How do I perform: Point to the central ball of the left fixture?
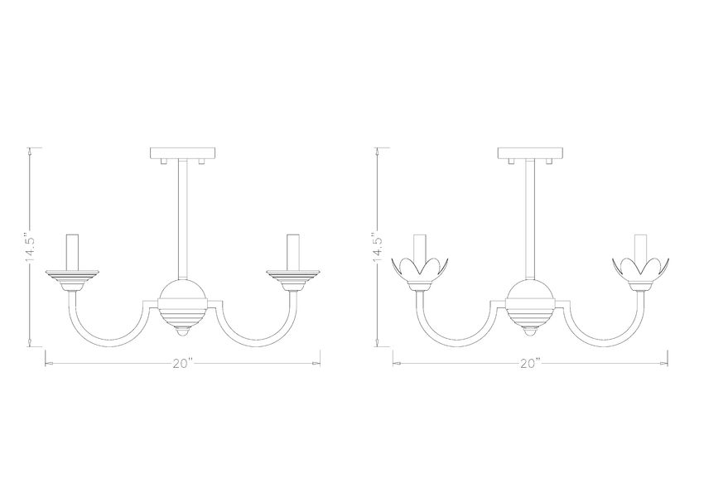click(181, 297)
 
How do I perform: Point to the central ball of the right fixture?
click(529, 297)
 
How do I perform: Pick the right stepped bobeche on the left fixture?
click(291, 274)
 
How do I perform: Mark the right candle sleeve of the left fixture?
click(291, 251)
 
